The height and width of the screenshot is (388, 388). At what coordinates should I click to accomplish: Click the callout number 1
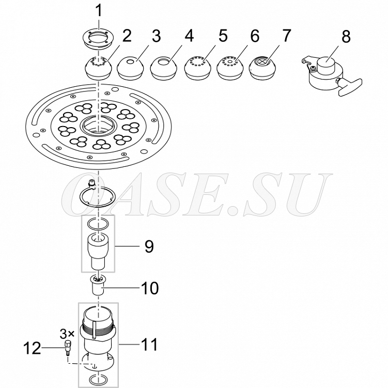coord(99,11)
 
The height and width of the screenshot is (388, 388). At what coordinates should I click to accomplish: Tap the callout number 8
coord(346,36)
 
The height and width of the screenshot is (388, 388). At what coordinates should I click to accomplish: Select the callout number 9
coord(149,246)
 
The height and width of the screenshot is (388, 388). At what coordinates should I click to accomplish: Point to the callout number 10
coord(149,288)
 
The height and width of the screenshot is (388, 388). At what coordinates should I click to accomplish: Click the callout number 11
coord(149,345)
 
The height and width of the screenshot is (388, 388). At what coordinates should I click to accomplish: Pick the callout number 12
coord(32,348)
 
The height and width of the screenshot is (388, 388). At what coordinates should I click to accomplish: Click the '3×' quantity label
coord(67,334)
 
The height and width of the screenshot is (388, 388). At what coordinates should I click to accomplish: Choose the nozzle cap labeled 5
coord(197,68)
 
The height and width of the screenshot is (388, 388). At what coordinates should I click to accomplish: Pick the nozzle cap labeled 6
coord(230,68)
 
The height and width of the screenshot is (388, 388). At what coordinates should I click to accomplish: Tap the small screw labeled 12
coord(67,348)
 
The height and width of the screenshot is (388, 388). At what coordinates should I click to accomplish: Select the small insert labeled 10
coord(98,285)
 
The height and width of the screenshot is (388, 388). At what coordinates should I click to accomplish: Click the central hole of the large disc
coord(98,125)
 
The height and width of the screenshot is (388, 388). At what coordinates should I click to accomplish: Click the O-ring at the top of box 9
coord(98,223)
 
